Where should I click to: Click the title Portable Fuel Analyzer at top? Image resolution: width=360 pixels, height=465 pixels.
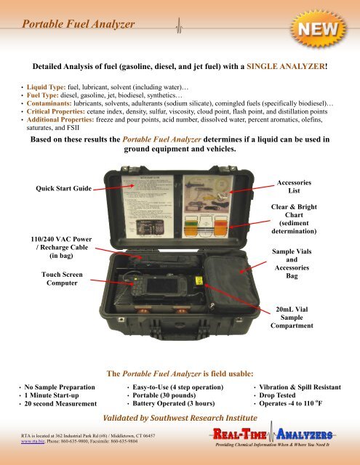point(79,25)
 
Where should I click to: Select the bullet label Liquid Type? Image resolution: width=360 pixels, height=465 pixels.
point(47,86)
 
